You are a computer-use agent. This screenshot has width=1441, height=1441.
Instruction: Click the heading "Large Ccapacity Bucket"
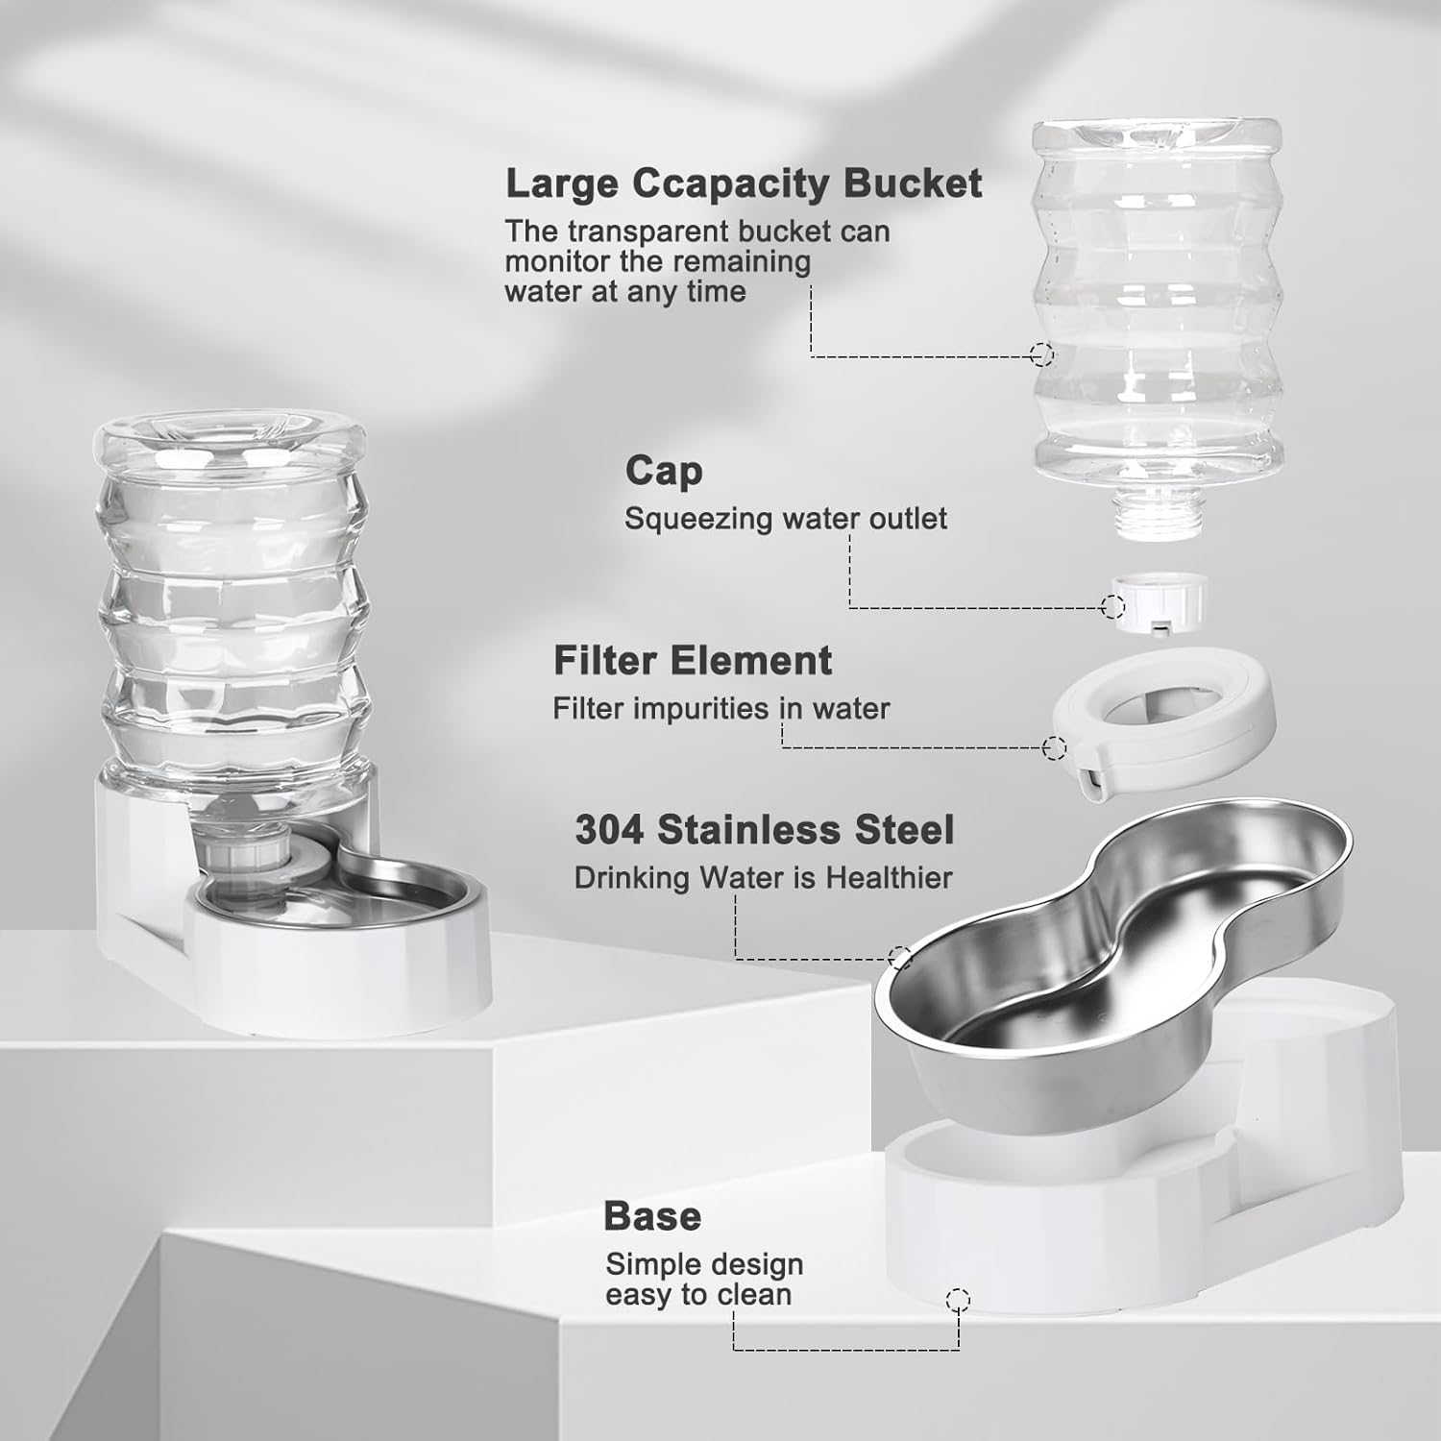point(744,183)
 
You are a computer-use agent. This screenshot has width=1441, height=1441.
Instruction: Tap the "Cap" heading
point(664,471)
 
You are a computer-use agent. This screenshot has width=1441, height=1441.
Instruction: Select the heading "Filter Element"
point(693,661)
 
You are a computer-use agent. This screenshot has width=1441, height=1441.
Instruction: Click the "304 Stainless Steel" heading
point(765,830)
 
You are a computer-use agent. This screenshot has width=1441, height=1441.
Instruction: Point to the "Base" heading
point(652,1216)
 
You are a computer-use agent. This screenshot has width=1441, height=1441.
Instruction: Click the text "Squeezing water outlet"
point(786,519)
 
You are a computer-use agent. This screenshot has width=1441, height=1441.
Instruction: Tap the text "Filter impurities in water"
point(720,709)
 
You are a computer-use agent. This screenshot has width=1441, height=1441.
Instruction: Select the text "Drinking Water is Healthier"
point(764,878)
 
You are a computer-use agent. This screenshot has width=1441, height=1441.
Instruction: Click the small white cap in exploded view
point(1160,601)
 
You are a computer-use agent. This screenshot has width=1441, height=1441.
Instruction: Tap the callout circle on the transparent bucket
point(1041,354)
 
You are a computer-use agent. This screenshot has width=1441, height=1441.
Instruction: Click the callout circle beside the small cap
point(1112,606)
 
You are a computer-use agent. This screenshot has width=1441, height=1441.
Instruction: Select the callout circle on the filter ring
point(1055,747)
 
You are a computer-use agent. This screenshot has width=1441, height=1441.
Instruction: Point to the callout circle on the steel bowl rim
point(899,957)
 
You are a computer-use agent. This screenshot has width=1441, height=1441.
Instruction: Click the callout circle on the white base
point(958,1301)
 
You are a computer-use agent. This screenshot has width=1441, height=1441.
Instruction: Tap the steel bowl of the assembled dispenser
point(423,889)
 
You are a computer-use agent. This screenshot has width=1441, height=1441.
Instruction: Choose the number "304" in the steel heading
point(609,830)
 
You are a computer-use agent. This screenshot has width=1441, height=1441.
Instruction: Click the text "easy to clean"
point(698,1295)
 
